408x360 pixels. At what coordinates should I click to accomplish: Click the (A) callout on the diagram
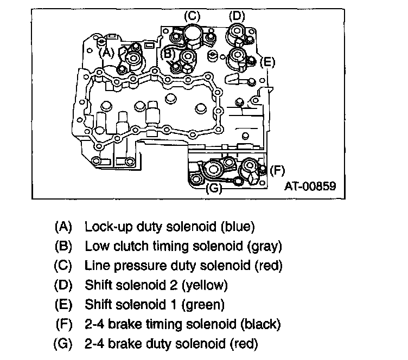tap(106, 52)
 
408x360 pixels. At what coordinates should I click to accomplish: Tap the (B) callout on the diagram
tap(168, 54)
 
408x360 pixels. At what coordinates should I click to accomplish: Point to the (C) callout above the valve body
tap(193, 16)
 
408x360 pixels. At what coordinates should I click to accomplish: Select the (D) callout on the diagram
tap(237, 16)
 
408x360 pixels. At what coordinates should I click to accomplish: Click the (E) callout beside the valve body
tap(267, 61)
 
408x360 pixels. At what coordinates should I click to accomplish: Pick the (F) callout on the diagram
tap(277, 170)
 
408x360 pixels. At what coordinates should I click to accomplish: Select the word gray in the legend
tap(264, 246)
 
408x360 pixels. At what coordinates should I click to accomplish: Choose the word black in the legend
tap(262, 324)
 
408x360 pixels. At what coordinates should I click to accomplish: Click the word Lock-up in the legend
tap(103, 226)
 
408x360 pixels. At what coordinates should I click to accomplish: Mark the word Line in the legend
tap(94, 265)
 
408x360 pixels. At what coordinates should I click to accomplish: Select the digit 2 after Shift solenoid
tap(170, 285)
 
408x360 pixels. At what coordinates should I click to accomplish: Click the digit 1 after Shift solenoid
tap(170, 304)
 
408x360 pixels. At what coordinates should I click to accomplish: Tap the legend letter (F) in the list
tap(65, 324)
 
